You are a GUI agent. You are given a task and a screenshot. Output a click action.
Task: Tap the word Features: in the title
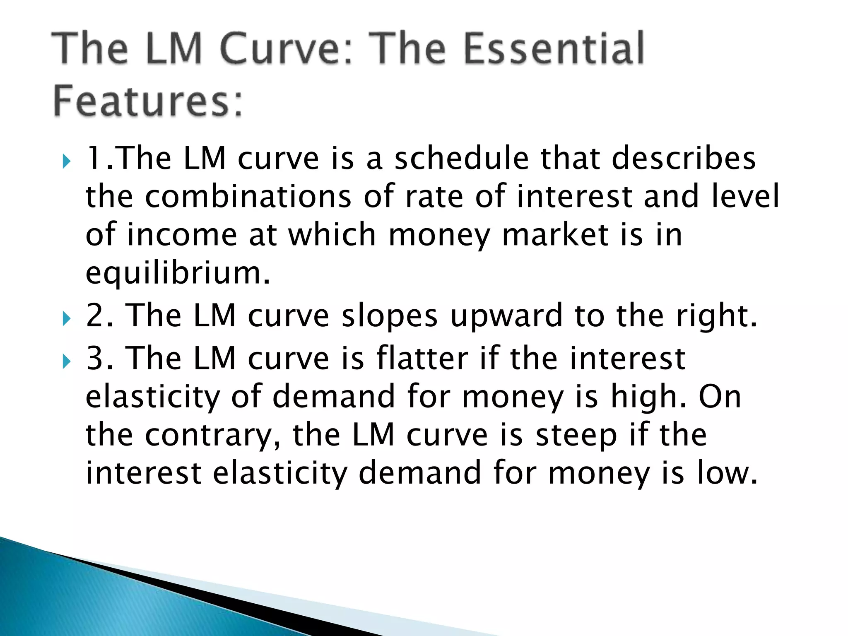coord(148,101)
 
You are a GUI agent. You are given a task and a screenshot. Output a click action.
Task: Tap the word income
coord(182,235)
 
